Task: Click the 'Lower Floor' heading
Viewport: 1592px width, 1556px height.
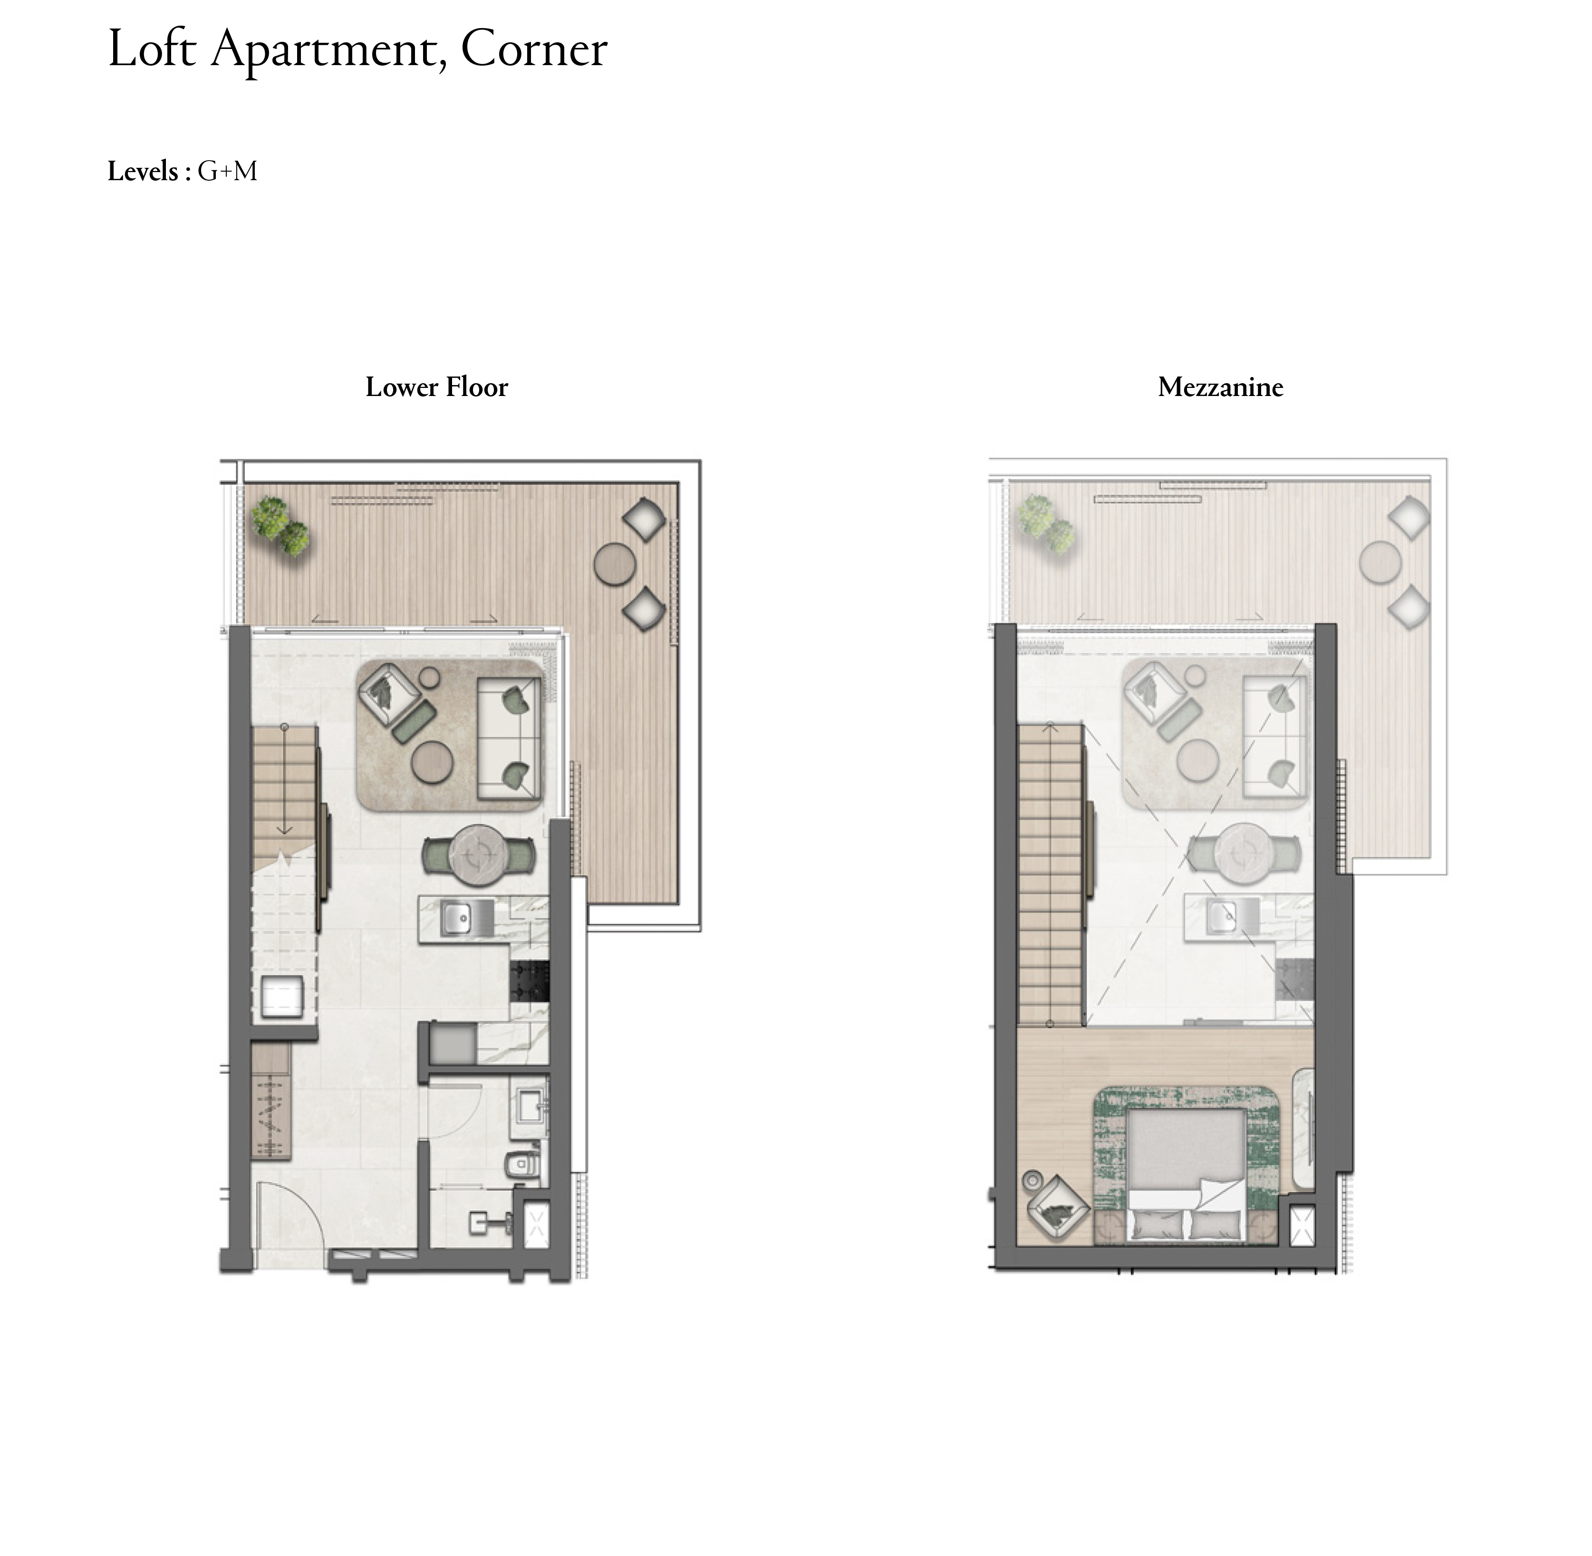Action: tap(436, 387)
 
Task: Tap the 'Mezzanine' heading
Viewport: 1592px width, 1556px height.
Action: tap(1220, 387)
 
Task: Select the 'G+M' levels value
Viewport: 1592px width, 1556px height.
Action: tap(227, 172)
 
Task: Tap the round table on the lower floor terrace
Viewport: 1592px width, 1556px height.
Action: tap(615, 564)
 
